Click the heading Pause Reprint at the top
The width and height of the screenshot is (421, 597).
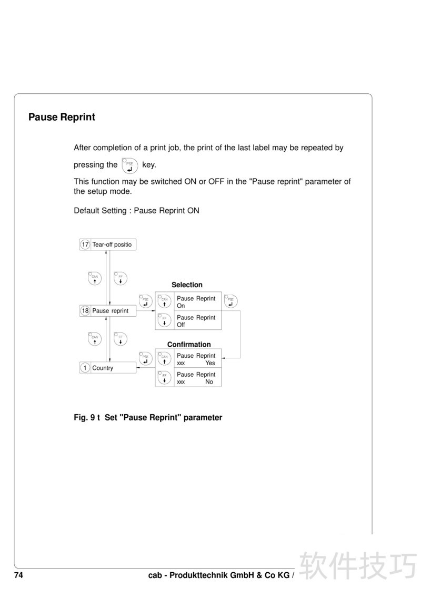[x=62, y=117]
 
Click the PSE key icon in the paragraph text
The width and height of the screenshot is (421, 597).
[x=129, y=165]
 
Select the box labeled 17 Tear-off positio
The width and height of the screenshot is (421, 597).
[x=107, y=244]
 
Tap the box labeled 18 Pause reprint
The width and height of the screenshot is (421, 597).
[x=107, y=311]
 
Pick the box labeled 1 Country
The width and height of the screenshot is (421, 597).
[x=107, y=368]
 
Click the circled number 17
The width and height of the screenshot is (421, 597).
[x=85, y=244]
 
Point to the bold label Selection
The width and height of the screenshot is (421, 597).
[x=187, y=285]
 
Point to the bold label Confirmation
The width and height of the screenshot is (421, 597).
[x=189, y=345]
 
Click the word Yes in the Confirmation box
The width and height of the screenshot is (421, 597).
[x=210, y=363]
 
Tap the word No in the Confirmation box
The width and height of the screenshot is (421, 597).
[x=209, y=382]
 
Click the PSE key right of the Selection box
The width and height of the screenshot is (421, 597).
[x=230, y=301]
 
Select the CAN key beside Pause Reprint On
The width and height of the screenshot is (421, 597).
[x=164, y=301]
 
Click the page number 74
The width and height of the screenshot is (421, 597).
[x=18, y=575]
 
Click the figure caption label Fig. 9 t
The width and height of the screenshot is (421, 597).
[x=87, y=417]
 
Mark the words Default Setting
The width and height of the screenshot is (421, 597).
[x=102, y=211]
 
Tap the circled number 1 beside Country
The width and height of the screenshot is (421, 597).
[x=85, y=368]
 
